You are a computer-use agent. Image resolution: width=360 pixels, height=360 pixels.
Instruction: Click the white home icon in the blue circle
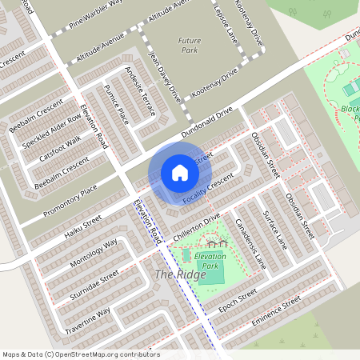[179, 172]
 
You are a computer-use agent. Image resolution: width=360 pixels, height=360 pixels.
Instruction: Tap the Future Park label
[190, 45]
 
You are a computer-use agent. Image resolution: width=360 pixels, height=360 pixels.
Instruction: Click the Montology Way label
[94, 253]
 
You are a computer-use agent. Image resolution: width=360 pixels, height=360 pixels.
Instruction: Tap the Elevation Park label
[210, 260]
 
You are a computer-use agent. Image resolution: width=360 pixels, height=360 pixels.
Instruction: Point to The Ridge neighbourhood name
[180, 274]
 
